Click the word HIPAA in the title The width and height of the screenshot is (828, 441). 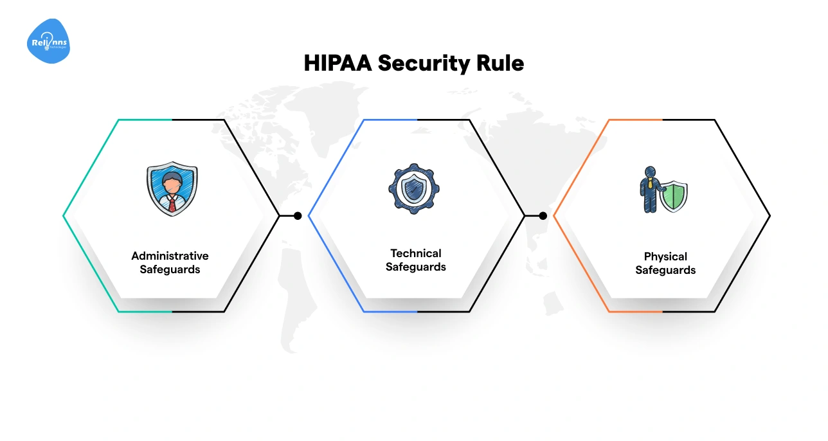[337, 64]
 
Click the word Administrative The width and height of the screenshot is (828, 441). [170, 256]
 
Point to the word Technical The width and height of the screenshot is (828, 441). [416, 253]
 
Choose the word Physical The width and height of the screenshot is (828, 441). [665, 256]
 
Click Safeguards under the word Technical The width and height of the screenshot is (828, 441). [416, 267]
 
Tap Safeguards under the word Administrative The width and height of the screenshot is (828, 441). [170, 269]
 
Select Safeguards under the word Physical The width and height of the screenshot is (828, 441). [665, 270]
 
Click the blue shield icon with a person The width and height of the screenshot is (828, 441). [172, 189]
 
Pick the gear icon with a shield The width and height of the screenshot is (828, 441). [414, 189]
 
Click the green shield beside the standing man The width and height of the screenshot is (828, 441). [674, 197]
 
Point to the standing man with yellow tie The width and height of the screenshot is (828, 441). [649, 190]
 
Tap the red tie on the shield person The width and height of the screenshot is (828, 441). [172, 204]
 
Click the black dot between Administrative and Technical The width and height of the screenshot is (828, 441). [298, 216]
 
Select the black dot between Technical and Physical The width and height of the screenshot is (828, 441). [543, 216]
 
